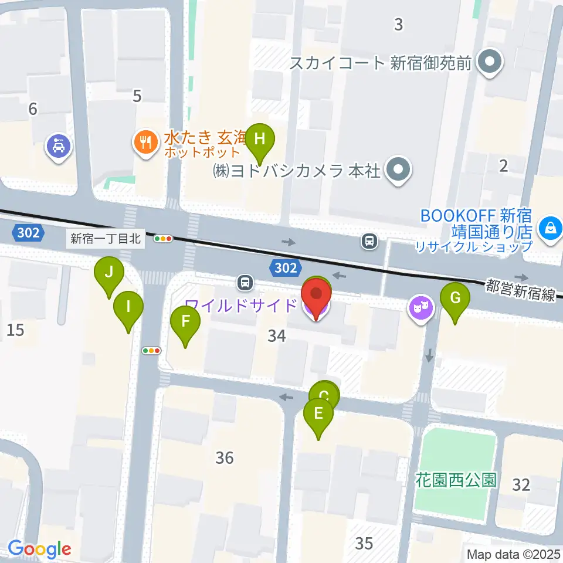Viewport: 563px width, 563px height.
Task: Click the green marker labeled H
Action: pos(260,140)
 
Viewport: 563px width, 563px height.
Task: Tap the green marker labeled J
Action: pos(108,273)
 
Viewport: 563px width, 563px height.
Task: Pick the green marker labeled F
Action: pos(185,321)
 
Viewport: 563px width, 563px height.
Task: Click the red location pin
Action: pos(316,295)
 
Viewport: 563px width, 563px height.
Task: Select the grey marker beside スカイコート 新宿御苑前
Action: pos(488,62)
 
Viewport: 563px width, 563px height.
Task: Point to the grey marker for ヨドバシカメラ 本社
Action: pos(399,171)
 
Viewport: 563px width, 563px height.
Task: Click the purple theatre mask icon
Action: pos(420,307)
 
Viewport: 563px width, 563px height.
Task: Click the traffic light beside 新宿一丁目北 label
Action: pos(163,239)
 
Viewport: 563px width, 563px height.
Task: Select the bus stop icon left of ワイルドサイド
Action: pos(245,283)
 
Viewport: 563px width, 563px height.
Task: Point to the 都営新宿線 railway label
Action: pos(521,290)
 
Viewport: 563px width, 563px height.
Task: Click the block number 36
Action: pos(225,457)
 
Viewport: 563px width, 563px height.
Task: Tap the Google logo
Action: pos(39,550)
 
